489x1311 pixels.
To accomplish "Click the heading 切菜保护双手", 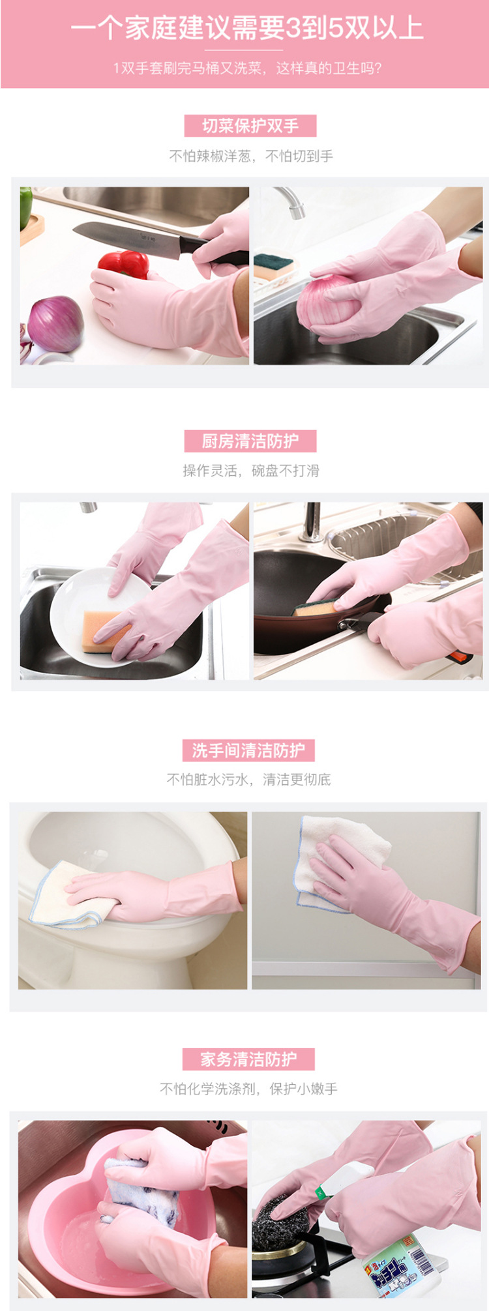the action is click(250, 126).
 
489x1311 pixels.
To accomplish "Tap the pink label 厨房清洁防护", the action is click(250, 441).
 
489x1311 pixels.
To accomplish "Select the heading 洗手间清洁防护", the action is click(248, 750).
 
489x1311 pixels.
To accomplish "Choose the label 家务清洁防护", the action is click(248, 1059).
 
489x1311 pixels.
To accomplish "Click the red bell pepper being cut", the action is click(124, 264).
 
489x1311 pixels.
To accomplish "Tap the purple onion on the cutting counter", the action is click(55, 325).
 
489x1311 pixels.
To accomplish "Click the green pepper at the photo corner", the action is click(25, 207).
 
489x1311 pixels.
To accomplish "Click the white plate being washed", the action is click(98, 616).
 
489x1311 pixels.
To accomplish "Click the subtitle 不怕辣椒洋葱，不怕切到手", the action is click(251, 156).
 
